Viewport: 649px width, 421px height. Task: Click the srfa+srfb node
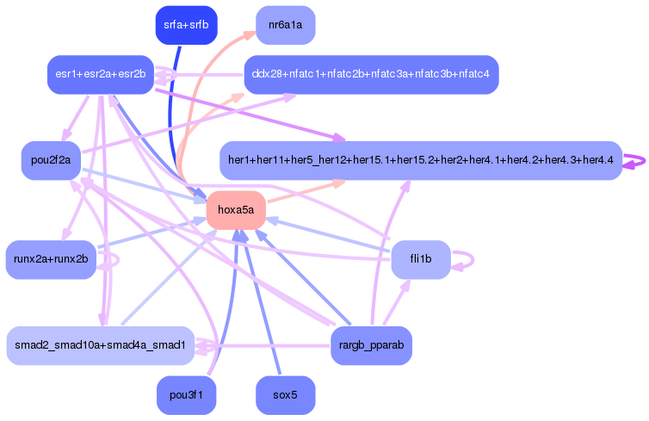pyautogui.click(x=186, y=25)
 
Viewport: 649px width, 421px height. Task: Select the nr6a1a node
pyautogui.click(x=285, y=25)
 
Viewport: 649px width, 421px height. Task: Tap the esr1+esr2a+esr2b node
pyautogui.click(x=100, y=75)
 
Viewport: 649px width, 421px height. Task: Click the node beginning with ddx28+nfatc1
pyautogui.click(x=370, y=75)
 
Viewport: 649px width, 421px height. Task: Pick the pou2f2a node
pyautogui.click(x=51, y=161)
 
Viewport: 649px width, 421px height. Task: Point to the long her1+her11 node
pyautogui.click(x=420, y=160)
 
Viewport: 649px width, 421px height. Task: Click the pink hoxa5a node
pyautogui.click(x=235, y=210)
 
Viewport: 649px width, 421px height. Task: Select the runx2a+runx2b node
pyautogui.click(x=51, y=260)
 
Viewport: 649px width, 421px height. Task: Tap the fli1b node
pyautogui.click(x=421, y=259)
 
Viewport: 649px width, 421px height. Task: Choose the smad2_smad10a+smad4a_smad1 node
pyautogui.click(x=100, y=345)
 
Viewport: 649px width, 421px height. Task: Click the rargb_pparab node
pyautogui.click(x=371, y=345)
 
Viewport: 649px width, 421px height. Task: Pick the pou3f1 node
pyautogui.click(x=186, y=395)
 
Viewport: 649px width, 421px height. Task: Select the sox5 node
pyautogui.click(x=285, y=395)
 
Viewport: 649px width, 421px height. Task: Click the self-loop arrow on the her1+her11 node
pyautogui.click(x=639, y=160)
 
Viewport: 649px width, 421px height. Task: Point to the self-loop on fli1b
pyautogui.click(x=466, y=259)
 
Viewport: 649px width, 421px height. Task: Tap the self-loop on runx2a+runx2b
pyautogui.click(x=113, y=259)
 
